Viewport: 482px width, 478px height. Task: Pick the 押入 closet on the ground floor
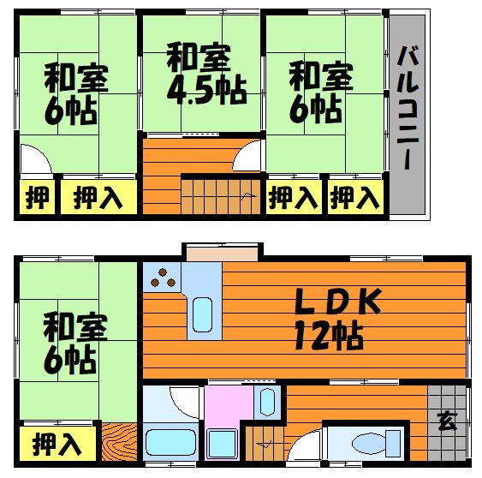click(57, 445)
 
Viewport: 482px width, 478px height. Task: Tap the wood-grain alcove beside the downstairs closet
click(118, 444)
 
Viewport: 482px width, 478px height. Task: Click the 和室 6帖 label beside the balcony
click(321, 92)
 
